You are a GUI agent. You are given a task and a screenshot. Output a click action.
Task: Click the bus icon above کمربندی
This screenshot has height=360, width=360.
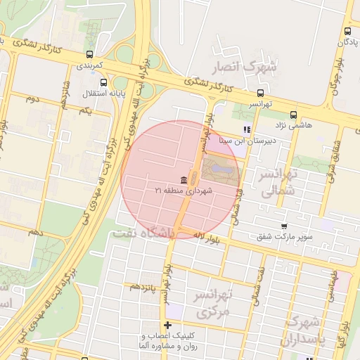[x=89, y=54]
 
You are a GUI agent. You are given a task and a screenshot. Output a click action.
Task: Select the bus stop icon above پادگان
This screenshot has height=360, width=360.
[x=347, y=31]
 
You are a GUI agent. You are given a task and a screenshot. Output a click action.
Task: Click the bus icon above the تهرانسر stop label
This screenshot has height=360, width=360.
[x=261, y=93]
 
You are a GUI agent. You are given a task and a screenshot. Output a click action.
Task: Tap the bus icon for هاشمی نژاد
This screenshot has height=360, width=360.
[x=293, y=115]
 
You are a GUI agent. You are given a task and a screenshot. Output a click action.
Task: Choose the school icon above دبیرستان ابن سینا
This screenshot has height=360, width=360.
[x=246, y=129]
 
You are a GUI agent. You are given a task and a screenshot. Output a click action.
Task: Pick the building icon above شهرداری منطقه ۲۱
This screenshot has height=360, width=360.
[x=184, y=179]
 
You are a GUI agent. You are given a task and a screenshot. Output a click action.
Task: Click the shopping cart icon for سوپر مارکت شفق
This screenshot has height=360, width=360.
[x=283, y=226]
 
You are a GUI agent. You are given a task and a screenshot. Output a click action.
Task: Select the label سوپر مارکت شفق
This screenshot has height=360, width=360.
[x=283, y=237]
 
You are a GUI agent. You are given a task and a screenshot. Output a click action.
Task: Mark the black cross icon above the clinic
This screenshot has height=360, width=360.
[x=167, y=325]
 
